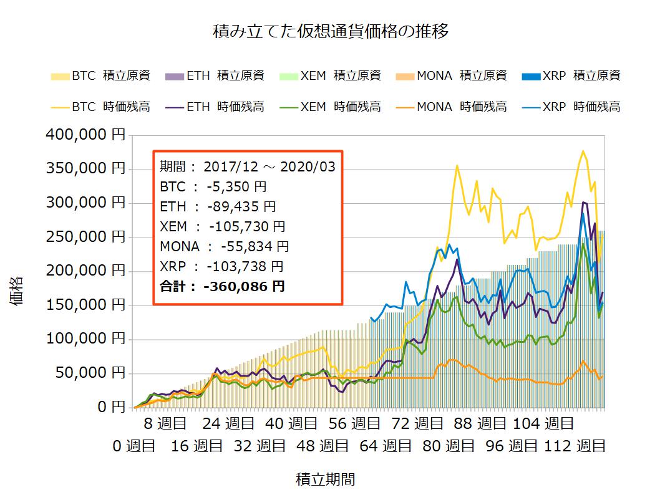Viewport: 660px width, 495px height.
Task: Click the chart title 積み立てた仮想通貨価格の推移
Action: coord(330,31)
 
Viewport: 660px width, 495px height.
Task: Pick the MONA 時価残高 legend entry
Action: coord(452,107)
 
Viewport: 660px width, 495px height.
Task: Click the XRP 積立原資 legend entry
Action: coord(572,76)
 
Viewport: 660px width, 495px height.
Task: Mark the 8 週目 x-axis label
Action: coord(165,425)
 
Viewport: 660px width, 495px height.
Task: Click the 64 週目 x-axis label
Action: coord(388,446)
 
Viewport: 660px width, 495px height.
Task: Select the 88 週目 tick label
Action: coord(480,425)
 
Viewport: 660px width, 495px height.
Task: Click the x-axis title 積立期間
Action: coord(325,479)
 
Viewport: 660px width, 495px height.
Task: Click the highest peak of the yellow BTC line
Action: coord(583,151)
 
